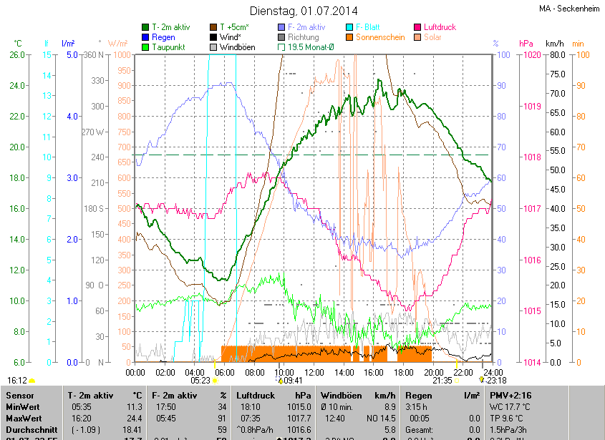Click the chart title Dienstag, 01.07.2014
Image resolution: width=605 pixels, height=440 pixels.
pos(304,11)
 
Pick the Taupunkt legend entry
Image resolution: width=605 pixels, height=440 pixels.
pos(168,47)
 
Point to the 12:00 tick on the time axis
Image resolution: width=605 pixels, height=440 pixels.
pos(314,372)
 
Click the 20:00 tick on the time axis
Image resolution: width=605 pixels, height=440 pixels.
pos(432,372)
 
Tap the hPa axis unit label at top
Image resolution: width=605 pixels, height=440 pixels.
pos(526,44)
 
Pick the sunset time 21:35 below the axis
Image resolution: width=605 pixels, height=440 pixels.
pos(442,381)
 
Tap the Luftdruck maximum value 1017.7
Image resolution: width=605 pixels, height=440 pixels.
pos(302,418)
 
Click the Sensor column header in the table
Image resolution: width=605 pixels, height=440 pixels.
pos(21,395)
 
